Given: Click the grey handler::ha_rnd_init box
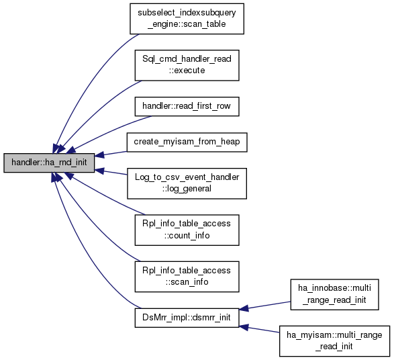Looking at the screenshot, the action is click(x=49, y=163).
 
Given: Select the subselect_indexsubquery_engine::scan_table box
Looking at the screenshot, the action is click(x=187, y=19).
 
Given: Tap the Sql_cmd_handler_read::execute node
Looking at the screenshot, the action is click(x=187, y=65).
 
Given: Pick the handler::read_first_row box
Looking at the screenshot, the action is click(x=187, y=106).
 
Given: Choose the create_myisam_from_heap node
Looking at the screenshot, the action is click(x=187, y=142).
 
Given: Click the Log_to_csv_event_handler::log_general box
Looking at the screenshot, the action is click(x=187, y=183).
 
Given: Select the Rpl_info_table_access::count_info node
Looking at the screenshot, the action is click(x=187, y=230).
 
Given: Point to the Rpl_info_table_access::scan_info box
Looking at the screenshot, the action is click(x=187, y=277).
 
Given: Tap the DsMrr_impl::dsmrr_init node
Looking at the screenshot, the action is click(x=187, y=318).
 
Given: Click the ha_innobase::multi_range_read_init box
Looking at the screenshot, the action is click(x=334, y=294).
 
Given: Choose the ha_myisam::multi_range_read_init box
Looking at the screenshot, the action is click(x=334, y=341).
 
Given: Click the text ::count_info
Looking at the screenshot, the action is click(x=187, y=236).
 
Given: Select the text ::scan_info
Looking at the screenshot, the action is click(x=187, y=282).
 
